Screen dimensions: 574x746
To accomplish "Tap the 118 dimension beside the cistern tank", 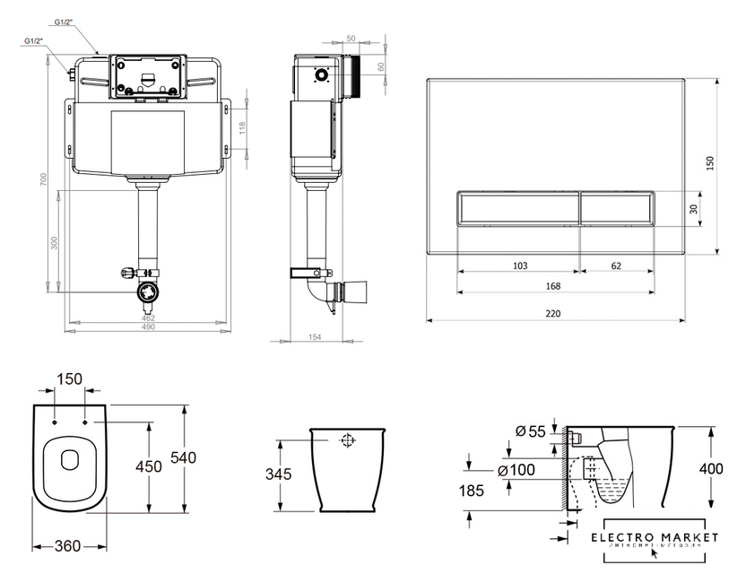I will (241, 127).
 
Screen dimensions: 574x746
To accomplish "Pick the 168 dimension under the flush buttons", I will (552, 287).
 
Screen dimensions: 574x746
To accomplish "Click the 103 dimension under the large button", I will (519, 265).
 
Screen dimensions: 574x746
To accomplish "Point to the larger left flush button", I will (518, 208).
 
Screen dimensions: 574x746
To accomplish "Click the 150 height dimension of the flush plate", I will (710, 163).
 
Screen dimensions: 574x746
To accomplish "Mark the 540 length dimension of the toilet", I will (183, 457).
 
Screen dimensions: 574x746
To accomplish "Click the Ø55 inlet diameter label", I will (531, 431).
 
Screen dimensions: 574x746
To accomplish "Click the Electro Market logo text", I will (662, 536).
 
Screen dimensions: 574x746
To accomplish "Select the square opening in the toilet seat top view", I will (70, 460).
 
